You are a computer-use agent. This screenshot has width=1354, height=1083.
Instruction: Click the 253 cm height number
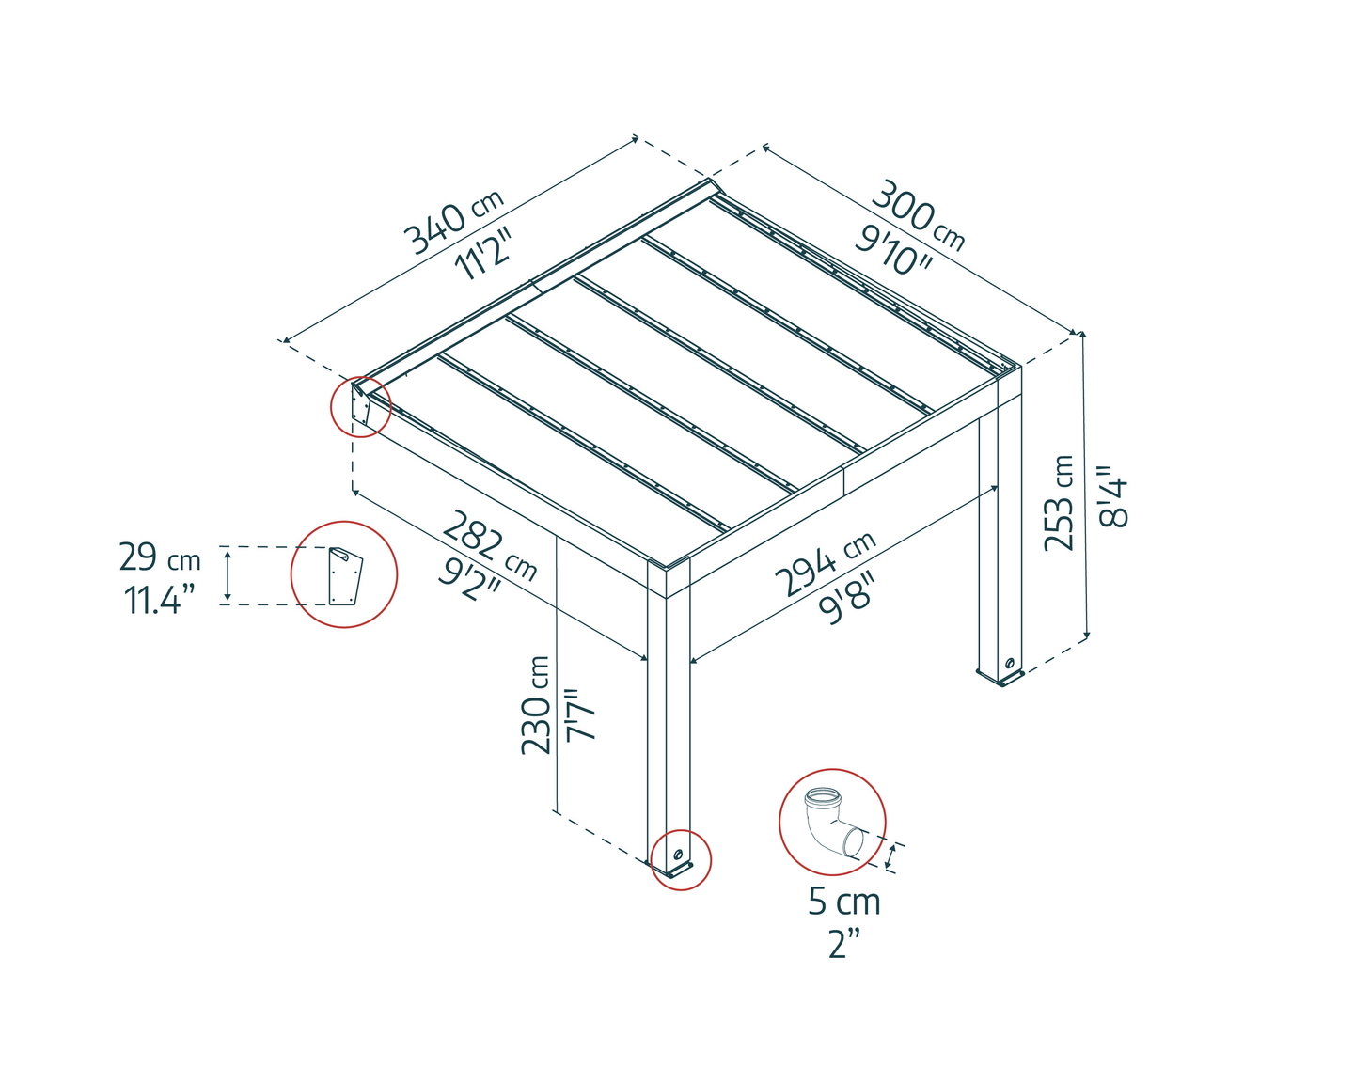click(x=1059, y=503)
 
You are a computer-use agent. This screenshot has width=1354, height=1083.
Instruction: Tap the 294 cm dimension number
click(x=826, y=564)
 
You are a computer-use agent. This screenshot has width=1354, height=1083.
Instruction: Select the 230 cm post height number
click(x=535, y=705)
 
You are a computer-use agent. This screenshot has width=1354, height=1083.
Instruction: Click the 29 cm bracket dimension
click(x=160, y=557)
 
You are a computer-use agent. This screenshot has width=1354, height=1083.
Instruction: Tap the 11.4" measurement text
click(x=153, y=599)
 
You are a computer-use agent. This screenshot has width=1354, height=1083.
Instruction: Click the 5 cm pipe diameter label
click(x=844, y=902)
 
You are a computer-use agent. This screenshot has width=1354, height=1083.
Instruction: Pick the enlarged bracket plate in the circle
click(x=345, y=576)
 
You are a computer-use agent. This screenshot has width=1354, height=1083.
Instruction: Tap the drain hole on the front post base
click(x=677, y=855)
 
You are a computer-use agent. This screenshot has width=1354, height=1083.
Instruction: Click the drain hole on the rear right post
click(x=1009, y=663)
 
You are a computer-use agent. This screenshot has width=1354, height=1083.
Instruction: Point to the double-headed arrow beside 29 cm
click(x=228, y=573)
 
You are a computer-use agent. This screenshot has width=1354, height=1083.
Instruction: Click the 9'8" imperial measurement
click(x=845, y=598)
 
